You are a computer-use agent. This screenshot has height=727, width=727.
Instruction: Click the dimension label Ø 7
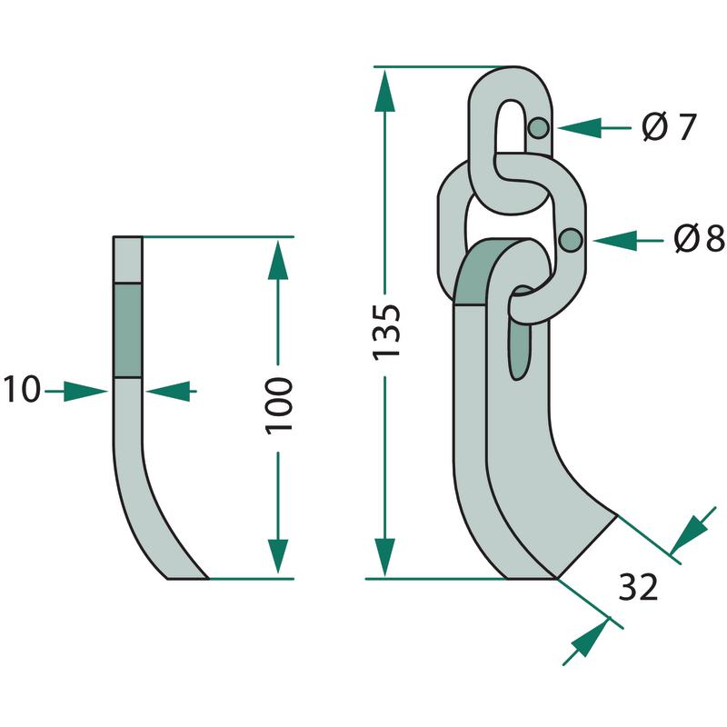(x=668, y=127)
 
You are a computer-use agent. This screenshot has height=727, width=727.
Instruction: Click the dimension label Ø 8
(x=699, y=240)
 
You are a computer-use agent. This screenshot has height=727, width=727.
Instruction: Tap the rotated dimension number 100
(x=279, y=403)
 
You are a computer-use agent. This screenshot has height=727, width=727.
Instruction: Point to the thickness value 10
(x=21, y=391)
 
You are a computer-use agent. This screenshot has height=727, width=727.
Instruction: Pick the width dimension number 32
(x=637, y=588)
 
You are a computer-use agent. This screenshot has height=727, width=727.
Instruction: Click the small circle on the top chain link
(x=539, y=128)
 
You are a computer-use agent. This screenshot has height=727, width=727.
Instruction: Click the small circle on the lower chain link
(x=572, y=240)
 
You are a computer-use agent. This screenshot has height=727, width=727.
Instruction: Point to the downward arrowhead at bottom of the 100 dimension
(x=278, y=556)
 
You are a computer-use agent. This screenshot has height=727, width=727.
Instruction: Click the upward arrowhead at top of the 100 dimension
(x=278, y=260)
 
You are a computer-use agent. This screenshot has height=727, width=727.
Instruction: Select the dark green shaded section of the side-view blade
(x=127, y=329)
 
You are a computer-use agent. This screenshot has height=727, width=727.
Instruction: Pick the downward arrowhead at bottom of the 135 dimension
(x=386, y=556)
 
